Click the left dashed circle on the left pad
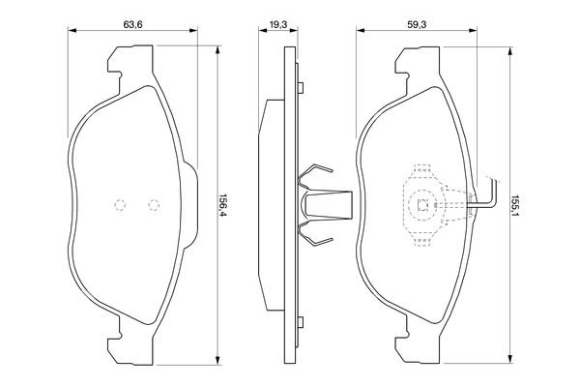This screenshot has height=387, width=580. (x=121, y=204)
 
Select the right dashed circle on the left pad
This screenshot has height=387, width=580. (x=152, y=204)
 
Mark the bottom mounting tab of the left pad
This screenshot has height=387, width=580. (x=114, y=341)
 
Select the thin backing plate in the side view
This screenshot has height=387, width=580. (x=287, y=204)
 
